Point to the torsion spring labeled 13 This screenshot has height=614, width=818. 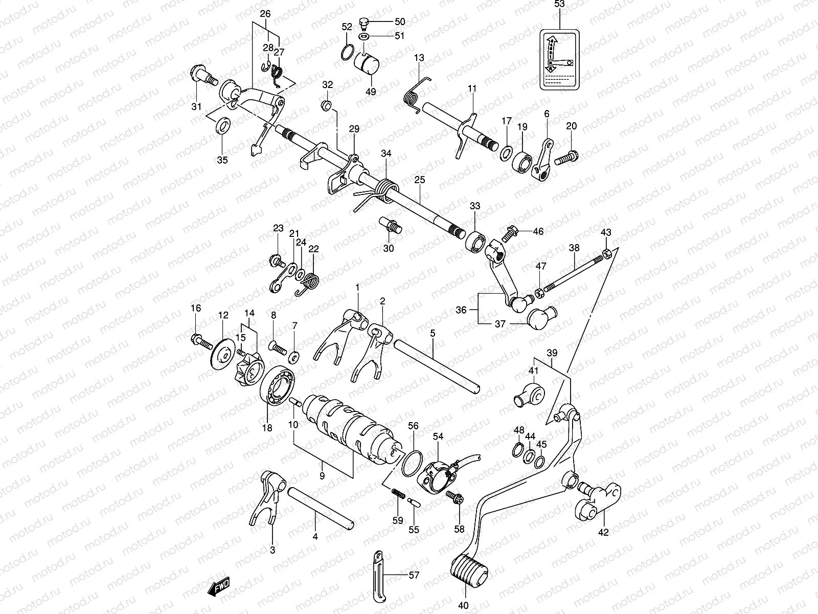(422, 92)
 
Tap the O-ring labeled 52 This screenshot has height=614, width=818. (346, 52)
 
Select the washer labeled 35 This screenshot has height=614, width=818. (223, 125)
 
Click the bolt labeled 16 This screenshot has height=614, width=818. (200, 340)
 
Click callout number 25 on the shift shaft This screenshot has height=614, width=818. (420, 180)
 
